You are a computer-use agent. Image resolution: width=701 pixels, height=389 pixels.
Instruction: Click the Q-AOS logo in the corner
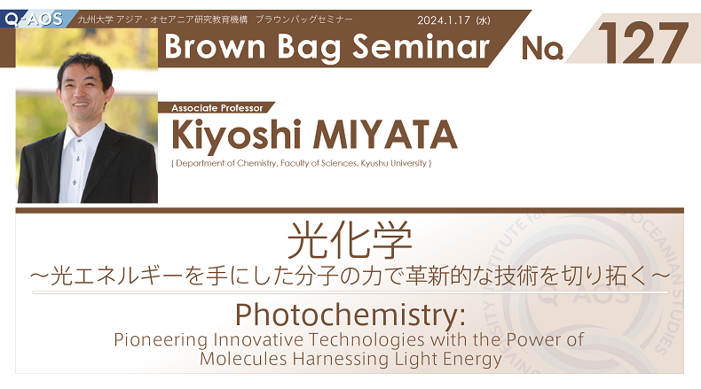(x=34, y=19)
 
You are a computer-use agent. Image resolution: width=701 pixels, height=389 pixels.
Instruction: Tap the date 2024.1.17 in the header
(x=444, y=20)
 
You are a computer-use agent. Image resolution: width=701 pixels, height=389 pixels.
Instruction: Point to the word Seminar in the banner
(x=421, y=46)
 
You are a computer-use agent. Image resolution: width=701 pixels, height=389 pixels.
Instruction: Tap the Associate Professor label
(x=217, y=108)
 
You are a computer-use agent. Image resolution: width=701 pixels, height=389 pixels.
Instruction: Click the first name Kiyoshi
(x=236, y=136)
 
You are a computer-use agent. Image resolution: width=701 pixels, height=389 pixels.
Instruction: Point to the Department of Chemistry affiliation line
(x=302, y=163)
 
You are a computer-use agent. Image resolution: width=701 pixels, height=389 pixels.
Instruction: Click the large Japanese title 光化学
(x=349, y=240)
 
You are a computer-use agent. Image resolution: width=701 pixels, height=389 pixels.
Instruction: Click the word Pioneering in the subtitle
(x=161, y=340)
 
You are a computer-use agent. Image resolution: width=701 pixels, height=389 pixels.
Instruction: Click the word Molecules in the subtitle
(x=243, y=359)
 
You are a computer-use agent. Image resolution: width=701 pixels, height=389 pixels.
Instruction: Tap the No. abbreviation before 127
(x=542, y=48)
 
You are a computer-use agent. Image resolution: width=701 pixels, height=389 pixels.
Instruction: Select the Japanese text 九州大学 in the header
(x=95, y=20)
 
